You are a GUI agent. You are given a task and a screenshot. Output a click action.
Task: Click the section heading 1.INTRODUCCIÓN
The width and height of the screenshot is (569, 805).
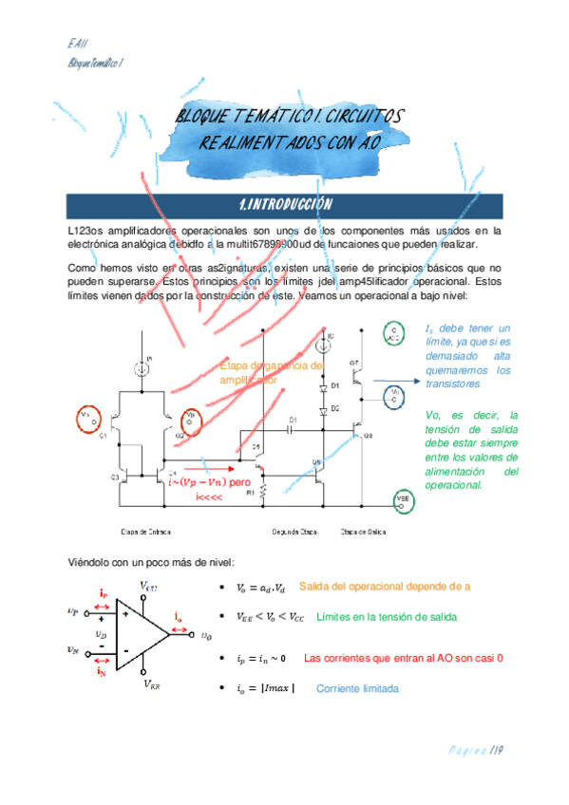tap(284, 204)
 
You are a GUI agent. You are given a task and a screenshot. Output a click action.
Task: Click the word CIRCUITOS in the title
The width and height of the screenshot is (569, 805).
tap(358, 116)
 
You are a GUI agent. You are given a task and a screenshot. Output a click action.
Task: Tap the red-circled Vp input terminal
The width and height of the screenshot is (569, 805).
tap(190, 417)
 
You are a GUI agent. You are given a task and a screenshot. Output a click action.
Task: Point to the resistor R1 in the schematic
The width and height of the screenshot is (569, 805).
tap(263, 493)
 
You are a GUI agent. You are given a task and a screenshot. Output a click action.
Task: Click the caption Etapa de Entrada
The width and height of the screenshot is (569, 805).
tap(145, 532)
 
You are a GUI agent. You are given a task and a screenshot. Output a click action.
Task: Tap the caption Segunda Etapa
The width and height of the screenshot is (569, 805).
tap(294, 532)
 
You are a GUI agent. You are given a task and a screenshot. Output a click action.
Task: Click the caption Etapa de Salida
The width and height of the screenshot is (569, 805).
tap(363, 532)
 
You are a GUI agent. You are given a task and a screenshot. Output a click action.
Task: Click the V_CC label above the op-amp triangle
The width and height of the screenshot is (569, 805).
tap(148, 587)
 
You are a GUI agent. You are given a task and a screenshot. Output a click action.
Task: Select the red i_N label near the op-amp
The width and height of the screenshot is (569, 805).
tap(102, 671)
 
